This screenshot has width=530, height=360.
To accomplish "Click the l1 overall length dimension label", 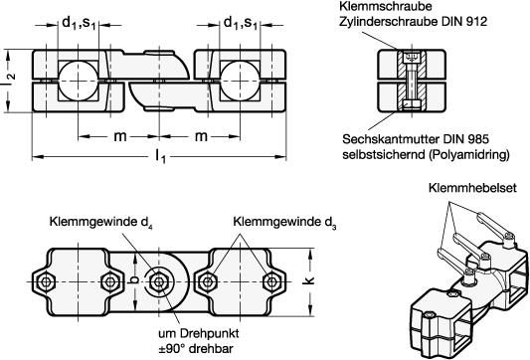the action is coord(160,157).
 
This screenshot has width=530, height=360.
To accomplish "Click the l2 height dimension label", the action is coord(10,81).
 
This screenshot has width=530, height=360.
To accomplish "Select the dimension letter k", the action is coord(309,280).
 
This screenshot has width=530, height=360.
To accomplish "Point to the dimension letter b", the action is coord(134,279).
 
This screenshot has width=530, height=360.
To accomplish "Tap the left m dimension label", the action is coord(120,136).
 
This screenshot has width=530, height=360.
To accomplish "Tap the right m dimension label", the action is coord(201,136).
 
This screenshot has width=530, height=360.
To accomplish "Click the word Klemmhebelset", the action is coord(472,188).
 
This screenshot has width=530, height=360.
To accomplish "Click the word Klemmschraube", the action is coord(386,6).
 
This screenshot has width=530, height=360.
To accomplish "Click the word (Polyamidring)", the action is coord(468,155).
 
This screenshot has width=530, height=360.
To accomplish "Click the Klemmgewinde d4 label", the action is coord(100,223).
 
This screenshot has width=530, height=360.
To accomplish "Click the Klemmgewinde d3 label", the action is coord(284,223).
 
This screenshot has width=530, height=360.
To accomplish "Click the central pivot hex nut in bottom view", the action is coord(158,281).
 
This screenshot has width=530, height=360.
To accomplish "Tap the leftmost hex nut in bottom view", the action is coord(46,281).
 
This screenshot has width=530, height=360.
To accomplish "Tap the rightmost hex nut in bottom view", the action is coord(271,281).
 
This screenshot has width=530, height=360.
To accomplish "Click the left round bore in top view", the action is coord(79,81).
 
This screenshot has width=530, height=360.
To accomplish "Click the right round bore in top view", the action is coord(240,81).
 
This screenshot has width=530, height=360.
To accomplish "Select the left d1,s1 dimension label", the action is coord(79,23).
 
